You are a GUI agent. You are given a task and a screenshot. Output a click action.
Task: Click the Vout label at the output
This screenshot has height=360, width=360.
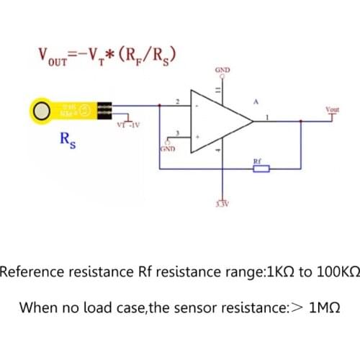333,109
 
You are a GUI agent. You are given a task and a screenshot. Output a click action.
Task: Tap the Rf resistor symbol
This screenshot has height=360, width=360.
260,170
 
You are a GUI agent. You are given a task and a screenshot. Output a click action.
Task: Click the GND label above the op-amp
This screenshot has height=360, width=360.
222,70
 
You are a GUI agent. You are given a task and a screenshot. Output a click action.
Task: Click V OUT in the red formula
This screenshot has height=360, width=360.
55,55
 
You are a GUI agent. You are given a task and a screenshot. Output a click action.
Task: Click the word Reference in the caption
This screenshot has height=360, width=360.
29,273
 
